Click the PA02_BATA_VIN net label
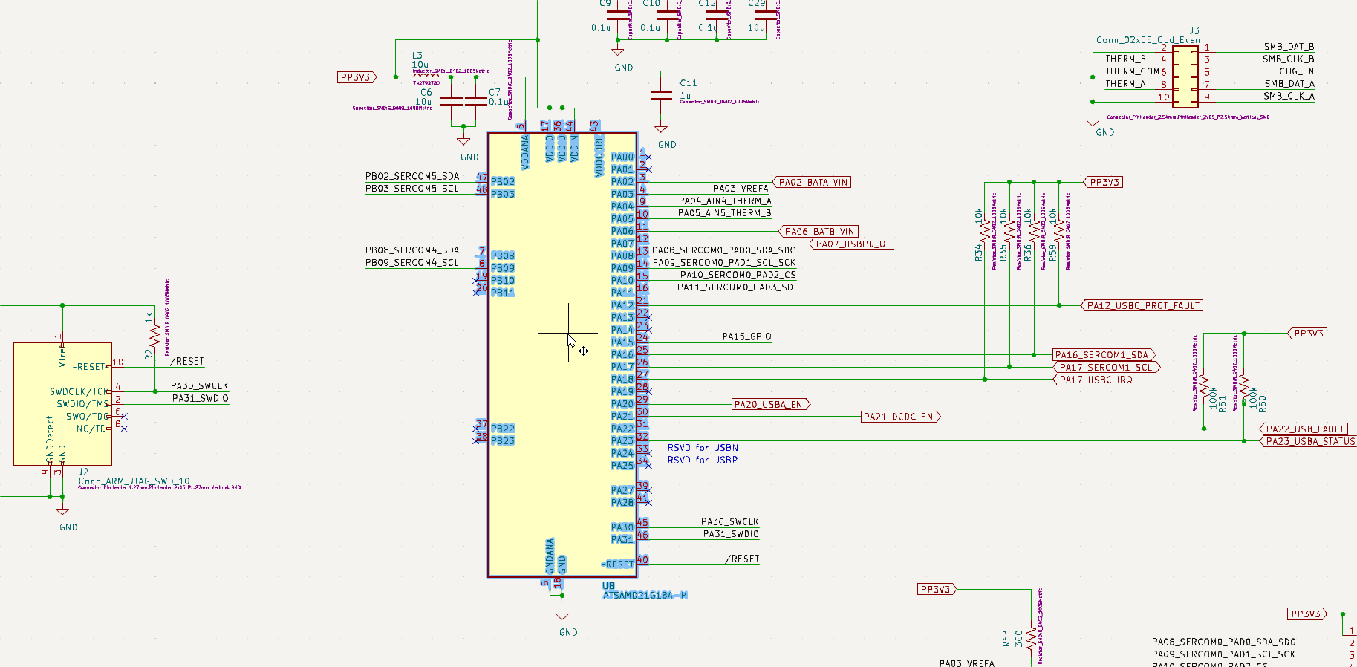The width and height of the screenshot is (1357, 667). [x=813, y=182]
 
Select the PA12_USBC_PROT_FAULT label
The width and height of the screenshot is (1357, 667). [x=1143, y=305]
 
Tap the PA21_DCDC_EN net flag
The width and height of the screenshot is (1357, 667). [x=898, y=417]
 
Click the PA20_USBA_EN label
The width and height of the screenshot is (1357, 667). [x=768, y=404]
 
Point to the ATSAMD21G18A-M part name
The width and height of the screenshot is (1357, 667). [x=645, y=596]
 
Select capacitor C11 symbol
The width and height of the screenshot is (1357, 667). [x=661, y=95]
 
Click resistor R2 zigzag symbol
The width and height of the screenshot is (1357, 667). [x=154, y=336]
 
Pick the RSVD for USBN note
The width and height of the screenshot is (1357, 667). [x=703, y=448]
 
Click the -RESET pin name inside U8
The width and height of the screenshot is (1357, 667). [x=618, y=564]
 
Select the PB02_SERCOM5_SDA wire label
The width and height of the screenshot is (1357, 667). [x=411, y=176]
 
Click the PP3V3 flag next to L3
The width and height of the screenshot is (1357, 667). [x=356, y=77]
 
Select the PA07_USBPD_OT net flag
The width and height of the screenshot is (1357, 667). [x=853, y=244]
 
